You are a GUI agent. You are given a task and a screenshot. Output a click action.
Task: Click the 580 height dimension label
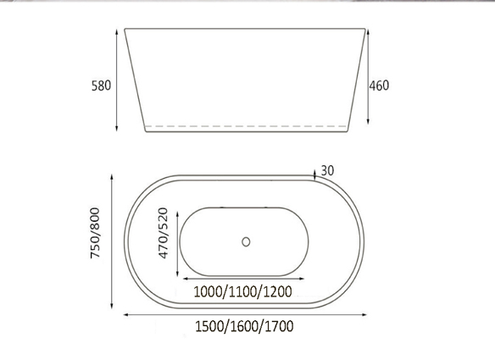102,86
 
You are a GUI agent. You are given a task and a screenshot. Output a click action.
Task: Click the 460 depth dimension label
379,86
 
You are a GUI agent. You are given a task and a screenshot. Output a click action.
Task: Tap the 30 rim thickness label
327,171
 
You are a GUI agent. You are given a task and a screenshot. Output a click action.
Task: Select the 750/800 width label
95,233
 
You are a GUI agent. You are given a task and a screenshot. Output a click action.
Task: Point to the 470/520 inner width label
163,233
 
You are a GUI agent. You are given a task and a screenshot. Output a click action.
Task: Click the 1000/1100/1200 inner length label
242,291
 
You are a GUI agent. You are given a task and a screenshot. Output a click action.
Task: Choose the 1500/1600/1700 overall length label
244,326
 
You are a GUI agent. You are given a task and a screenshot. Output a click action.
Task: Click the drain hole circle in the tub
246,241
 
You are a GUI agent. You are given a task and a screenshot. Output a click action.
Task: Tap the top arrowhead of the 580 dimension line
117,31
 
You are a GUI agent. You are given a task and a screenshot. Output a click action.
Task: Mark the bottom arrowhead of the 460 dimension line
368,121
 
